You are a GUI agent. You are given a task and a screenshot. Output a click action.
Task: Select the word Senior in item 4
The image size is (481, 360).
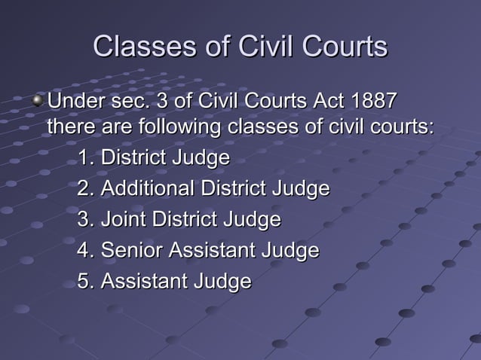pyautogui.click(x=133, y=250)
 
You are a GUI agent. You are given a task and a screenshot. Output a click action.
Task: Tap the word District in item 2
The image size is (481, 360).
pyautogui.click(x=233, y=188)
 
